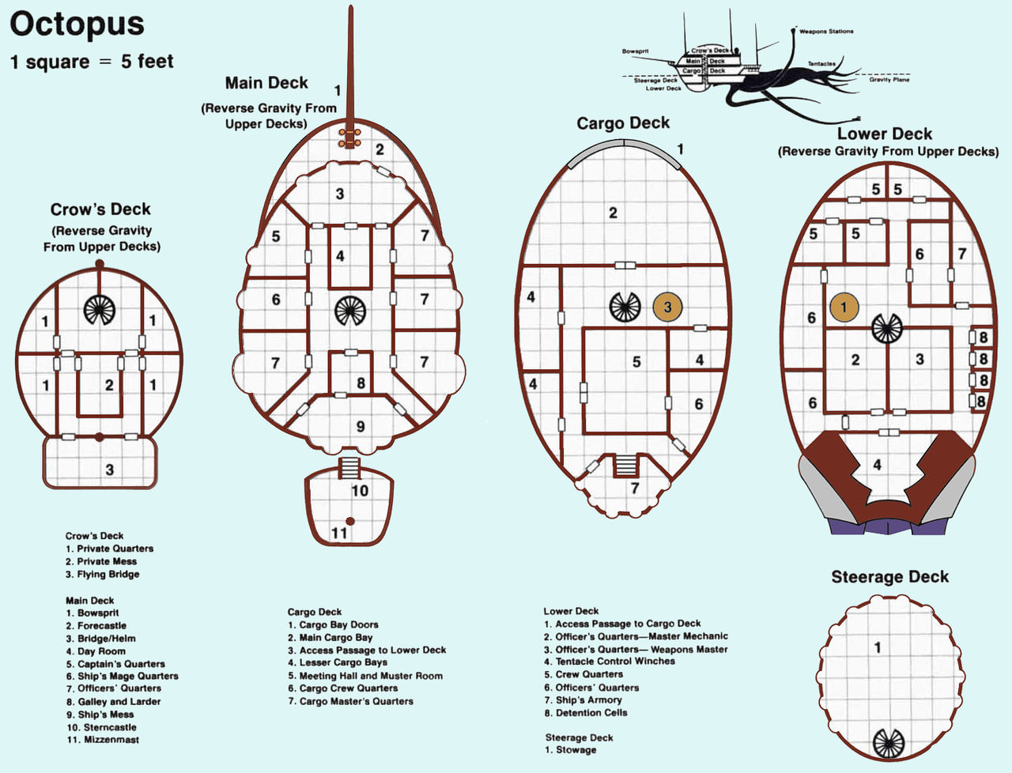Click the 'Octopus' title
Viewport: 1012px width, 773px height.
pyautogui.click(x=77, y=25)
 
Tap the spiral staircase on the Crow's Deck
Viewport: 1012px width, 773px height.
pyautogui.click(x=100, y=309)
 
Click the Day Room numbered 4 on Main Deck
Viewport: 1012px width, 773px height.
pyautogui.click(x=340, y=257)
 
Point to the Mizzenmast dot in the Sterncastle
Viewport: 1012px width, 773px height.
pyautogui.click(x=349, y=521)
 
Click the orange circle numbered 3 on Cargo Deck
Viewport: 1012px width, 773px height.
pyautogui.click(x=667, y=307)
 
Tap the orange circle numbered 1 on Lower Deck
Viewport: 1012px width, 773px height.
pyautogui.click(x=844, y=307)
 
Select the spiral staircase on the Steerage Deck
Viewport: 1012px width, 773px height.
pyautogui.click(x=888, y=743)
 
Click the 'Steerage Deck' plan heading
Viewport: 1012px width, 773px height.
pyautogui.click(x=889, y=577)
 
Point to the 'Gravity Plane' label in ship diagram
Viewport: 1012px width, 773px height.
pyautogui.click(x=889, y=80)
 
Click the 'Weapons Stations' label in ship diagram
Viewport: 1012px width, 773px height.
pyautogui.click(x=826, y=32)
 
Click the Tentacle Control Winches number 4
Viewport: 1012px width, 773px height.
pyautogui.click(x=877, y=465)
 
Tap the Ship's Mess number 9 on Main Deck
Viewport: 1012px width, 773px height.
pyautogui.click(x=361, y=427)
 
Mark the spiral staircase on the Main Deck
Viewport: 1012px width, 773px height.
pyautogui.click(x=349, y=311)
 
